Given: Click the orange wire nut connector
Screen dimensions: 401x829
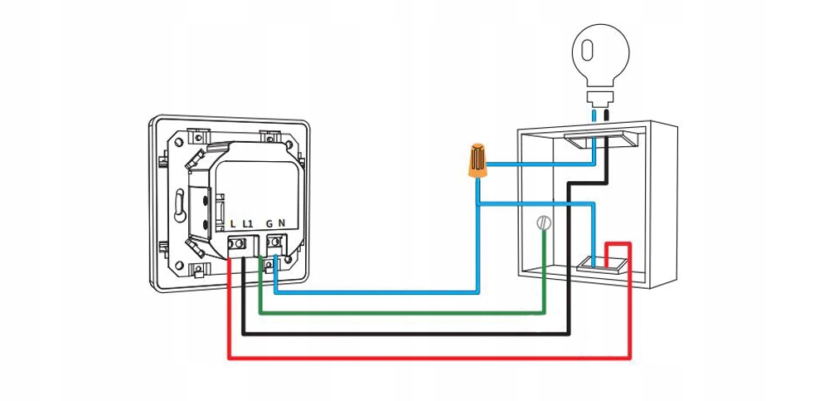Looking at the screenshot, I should tap(477, 163).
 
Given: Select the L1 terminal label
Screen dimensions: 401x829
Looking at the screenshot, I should tap(248, 224).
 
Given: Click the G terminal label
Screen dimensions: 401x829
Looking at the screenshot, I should tap(269, 224).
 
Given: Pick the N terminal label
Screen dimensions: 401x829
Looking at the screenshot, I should tap(283, 224).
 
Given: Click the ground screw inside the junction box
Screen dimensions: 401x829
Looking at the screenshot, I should tap(544, 223).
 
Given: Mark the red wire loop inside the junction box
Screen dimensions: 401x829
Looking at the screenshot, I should tap(618, 245).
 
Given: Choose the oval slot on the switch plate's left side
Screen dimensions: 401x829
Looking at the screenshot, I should tap(179, 203).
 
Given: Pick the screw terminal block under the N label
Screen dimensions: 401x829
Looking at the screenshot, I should tap(277, 244).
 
